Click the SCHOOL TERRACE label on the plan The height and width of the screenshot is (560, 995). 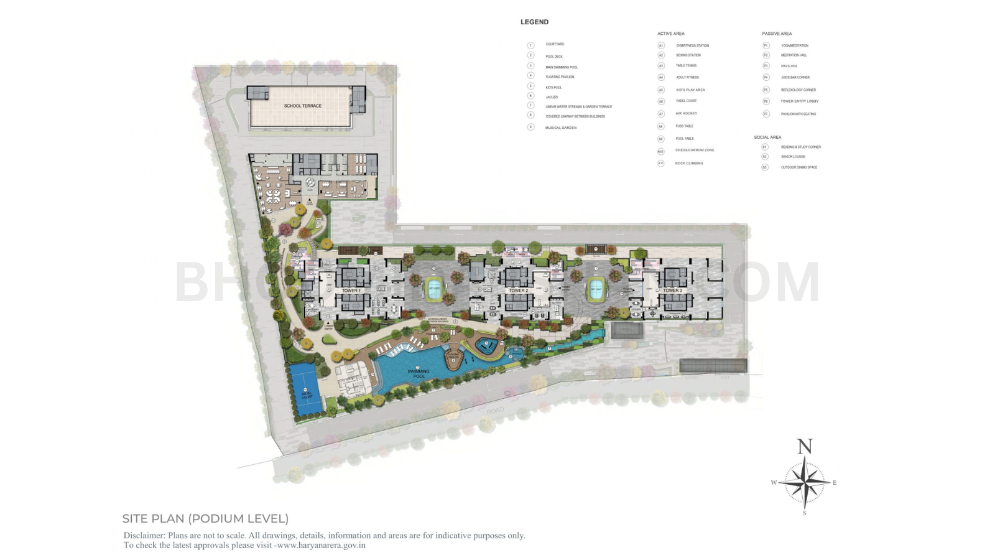[x=303, y=106]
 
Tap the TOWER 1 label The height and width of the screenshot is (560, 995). [x=351, y=291]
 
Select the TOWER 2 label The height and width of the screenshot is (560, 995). [x=518, y=291]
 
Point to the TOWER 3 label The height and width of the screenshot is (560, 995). [x=672, y=291]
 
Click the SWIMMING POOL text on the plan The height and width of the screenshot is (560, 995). [x=419, y=374]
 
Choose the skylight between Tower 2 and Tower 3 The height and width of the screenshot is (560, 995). [x=596, y=290]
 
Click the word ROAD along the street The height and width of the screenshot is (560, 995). [x=495, y=411]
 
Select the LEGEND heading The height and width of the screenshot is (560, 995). [x=534, y=22]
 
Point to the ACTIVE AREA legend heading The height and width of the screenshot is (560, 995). [x=670, y=34]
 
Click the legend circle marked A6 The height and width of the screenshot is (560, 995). [x=661, y=101]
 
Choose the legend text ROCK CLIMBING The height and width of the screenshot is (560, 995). [x=689, y=163]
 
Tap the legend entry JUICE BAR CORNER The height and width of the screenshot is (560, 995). [x=795, y=77]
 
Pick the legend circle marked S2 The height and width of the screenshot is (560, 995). [x=765, y=157]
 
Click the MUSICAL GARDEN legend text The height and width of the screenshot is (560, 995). [x=560, y=128]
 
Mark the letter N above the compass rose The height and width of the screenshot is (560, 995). [x=805, y=446]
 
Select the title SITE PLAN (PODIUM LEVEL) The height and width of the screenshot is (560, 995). [x=205, y=518]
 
